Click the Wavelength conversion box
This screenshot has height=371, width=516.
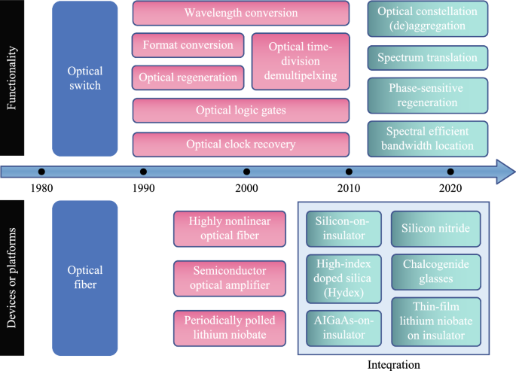pos(241,14)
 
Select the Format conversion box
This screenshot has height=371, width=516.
pos(188,45)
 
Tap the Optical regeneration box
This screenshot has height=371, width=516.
pos(188,78)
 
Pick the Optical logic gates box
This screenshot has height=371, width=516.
pos(241,111)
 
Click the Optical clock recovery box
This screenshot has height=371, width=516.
pos(241,144)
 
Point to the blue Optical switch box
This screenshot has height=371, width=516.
pos(84,78)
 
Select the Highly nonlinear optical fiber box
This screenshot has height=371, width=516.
pos(230,229)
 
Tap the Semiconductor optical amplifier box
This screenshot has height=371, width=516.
pos(230,278)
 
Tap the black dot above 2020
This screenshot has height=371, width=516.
pos(450,172)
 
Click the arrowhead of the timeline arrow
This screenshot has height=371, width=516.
pos(501,172)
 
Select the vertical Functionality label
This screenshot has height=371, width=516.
pos(13,78)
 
